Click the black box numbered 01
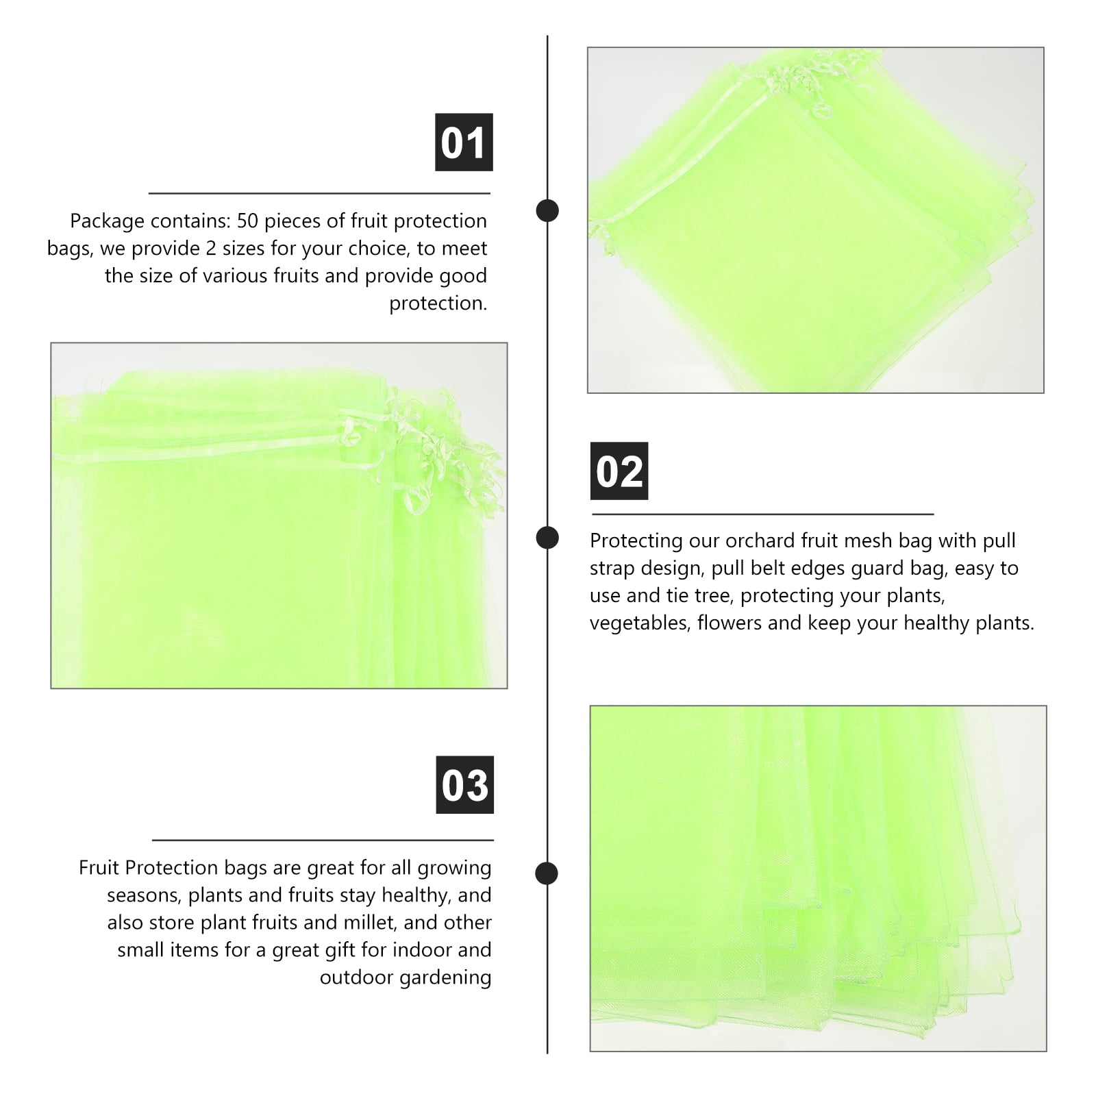coord(464,142)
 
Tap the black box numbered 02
coord(619,471)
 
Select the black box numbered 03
coord(465,785)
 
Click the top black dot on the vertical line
coord(547,210)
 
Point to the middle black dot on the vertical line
coord(547,538)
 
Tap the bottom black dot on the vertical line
coord(546,873)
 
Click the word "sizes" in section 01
coord(242,249)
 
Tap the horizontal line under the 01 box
coord(319,194)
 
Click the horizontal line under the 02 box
coord(762,514)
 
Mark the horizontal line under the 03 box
coord(323,840)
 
